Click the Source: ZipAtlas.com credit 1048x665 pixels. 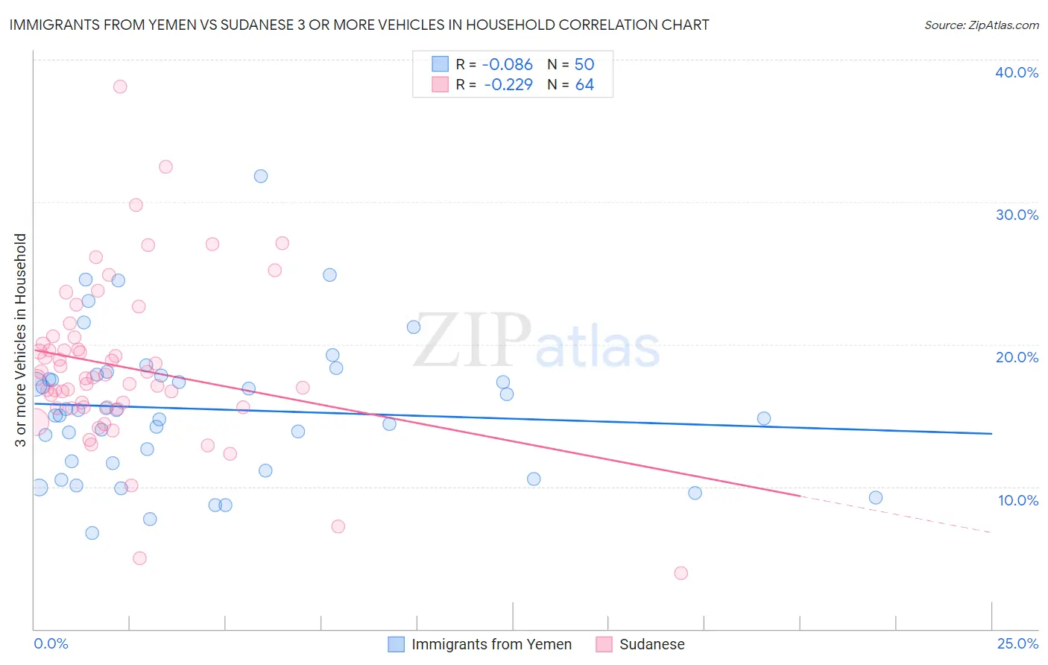(981, 25)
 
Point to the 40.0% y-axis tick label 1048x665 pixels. (1017, 72)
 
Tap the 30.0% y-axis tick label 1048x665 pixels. (1017, 215)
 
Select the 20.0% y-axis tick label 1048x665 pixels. (1017, 357)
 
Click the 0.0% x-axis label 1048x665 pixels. (51, 643)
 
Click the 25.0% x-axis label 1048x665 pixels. (1017, 643)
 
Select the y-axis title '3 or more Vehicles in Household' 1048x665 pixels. (21, 340)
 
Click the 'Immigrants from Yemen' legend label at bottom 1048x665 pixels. (491, 644)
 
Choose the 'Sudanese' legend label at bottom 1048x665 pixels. (651, 644)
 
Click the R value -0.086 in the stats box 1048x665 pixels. (508, 64)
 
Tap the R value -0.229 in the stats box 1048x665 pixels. (508, 85)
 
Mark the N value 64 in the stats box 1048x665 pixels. (584, 85)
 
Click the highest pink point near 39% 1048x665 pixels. (120, 86)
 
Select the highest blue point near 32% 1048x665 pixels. (261, 176)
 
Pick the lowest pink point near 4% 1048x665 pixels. (681, 573)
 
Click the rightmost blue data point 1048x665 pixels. (876, 497)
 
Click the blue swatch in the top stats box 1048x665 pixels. (440, 64)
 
